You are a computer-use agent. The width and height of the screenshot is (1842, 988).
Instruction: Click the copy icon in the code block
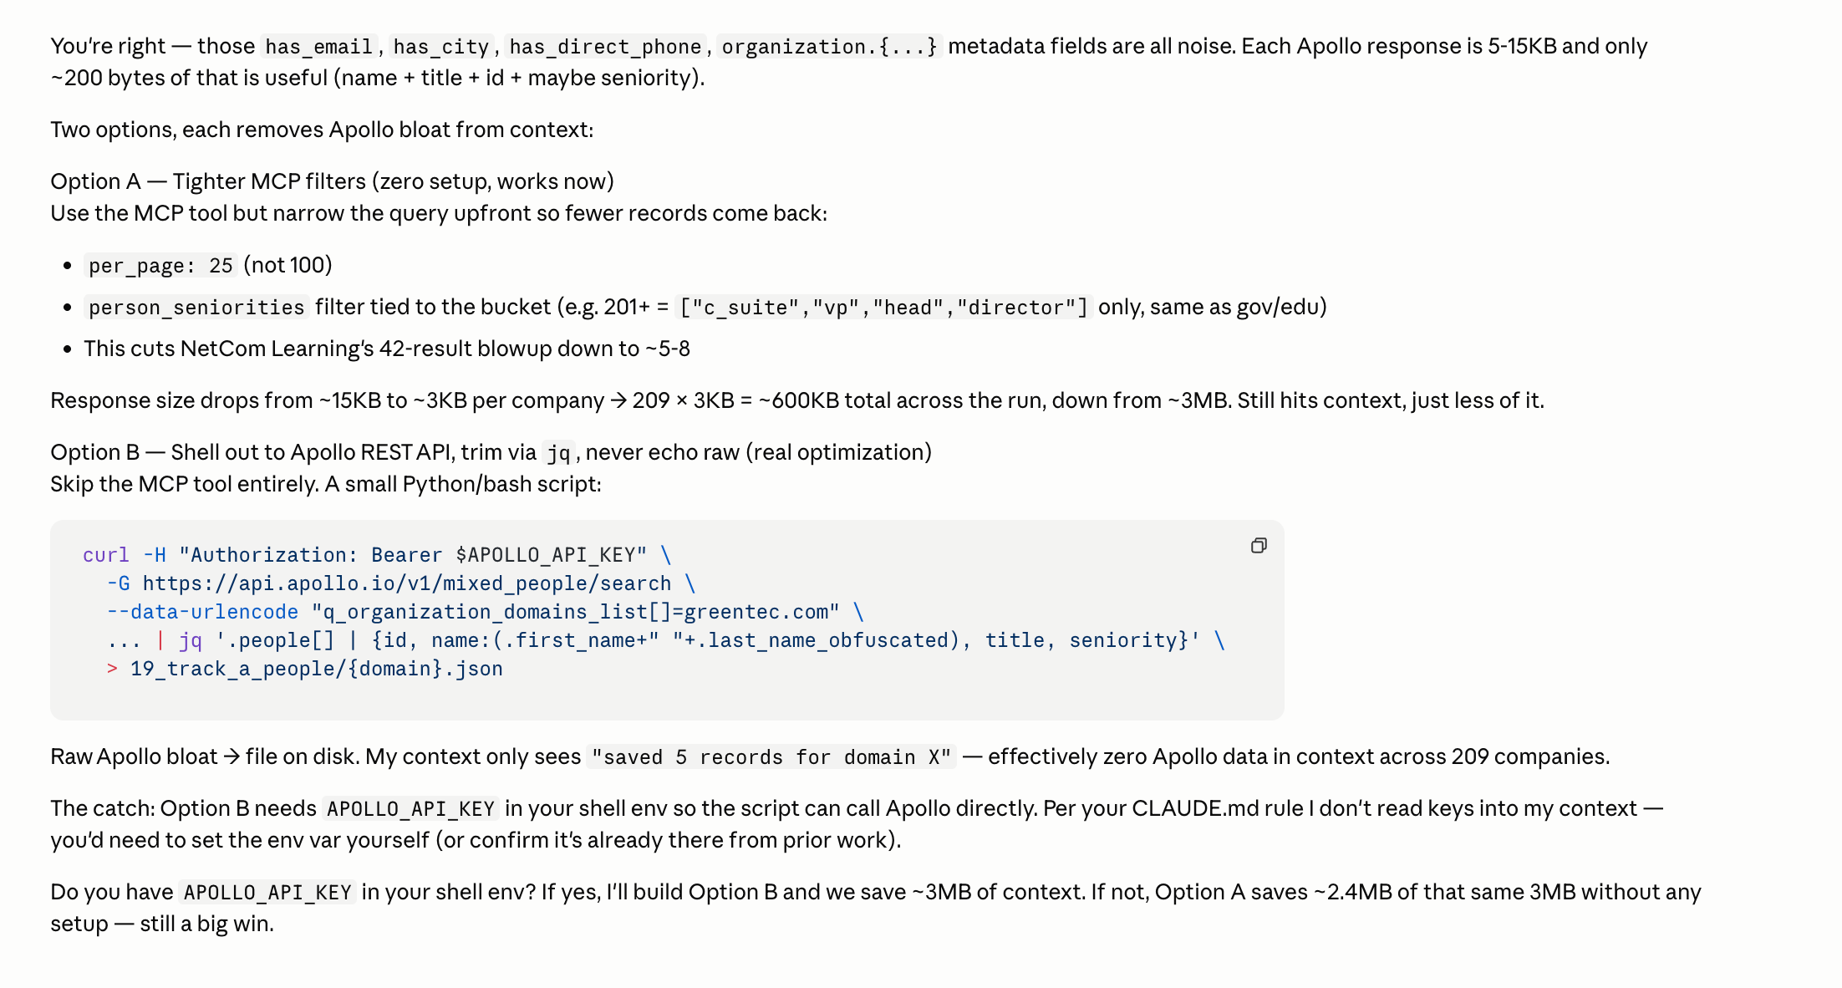click(1259, 546)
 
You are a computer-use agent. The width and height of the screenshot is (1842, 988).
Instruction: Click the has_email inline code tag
click(318, 47)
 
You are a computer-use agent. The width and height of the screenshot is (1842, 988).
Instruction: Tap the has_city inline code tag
click(440, 47)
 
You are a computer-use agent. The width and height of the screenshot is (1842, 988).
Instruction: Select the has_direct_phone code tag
click(605, 47)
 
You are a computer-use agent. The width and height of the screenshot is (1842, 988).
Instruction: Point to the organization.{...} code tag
click(829, 47)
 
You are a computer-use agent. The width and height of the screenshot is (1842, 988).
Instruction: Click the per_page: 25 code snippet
click(160, 266)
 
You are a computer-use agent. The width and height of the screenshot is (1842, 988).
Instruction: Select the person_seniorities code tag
click(196, 308)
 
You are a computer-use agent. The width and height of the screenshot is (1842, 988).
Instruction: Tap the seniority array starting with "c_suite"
click(883, 308)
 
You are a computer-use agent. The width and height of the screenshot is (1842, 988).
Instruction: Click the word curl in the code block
click(105, 555)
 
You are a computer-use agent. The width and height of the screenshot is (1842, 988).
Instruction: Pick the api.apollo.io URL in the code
click(406, 583)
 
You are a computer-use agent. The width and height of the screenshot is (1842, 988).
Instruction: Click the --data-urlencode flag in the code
click(202, 612)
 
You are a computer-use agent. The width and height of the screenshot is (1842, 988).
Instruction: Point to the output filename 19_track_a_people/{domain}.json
click(316, 669)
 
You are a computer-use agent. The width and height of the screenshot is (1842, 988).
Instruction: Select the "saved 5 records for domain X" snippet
click(771, 757)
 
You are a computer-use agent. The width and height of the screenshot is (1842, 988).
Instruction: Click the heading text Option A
click(95, 181)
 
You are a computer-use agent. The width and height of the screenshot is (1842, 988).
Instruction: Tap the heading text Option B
click(95, 452)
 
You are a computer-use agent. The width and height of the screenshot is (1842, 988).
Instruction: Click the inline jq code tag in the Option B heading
click(558, 453)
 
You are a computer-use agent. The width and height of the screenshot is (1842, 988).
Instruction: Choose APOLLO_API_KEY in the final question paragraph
click(267, 893)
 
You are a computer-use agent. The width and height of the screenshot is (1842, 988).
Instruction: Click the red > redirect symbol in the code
click(112, 669)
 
